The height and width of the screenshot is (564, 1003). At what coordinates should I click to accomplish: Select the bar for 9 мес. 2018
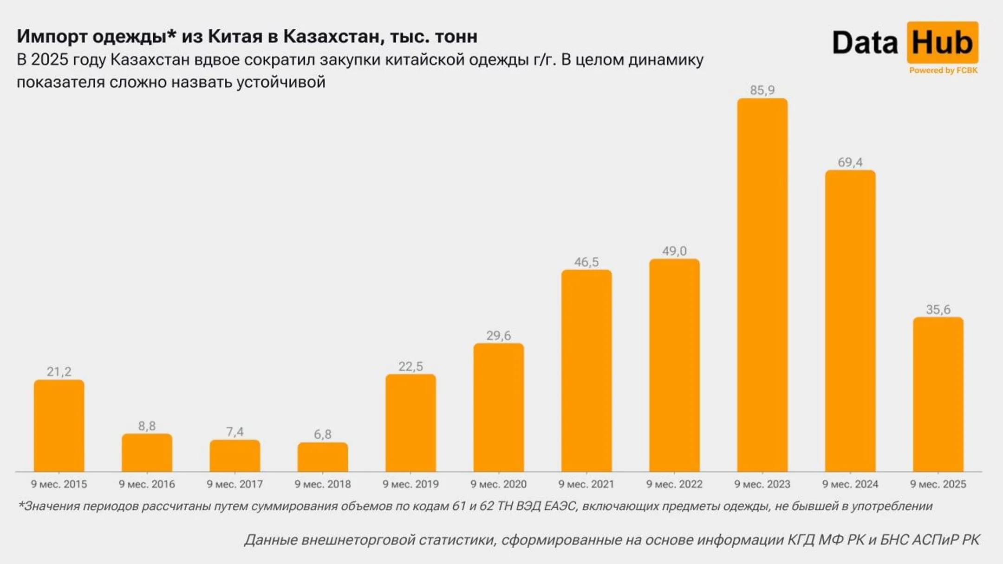tap(323, 457)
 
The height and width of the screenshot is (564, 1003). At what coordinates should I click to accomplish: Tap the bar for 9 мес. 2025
tap(938, 394)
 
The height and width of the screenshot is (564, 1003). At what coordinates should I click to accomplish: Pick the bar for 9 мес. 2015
tap(59, 425)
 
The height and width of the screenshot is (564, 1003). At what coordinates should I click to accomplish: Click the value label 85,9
tap(762, 90)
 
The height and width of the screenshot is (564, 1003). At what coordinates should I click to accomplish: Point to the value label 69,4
tap(850, 162)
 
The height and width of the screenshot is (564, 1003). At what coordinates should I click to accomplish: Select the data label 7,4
tap(234, 432)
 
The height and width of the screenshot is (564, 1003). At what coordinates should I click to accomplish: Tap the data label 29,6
tap(498, 336)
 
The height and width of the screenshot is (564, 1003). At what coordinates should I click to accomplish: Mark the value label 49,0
tap(674, 251)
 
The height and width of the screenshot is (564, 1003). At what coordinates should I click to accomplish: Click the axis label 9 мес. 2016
tap(147, 484)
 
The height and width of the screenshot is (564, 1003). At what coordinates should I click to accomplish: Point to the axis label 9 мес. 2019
tap(410, 484)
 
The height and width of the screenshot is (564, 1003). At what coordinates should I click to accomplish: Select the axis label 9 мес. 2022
tap(674, 484)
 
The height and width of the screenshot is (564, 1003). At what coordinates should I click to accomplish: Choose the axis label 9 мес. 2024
tap(850, 484)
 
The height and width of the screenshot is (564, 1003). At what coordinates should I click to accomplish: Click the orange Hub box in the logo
tap(942, 43)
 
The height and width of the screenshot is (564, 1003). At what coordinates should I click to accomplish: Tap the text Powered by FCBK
tap(943, 71)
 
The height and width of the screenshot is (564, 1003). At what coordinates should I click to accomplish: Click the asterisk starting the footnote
tap(20, 505)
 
